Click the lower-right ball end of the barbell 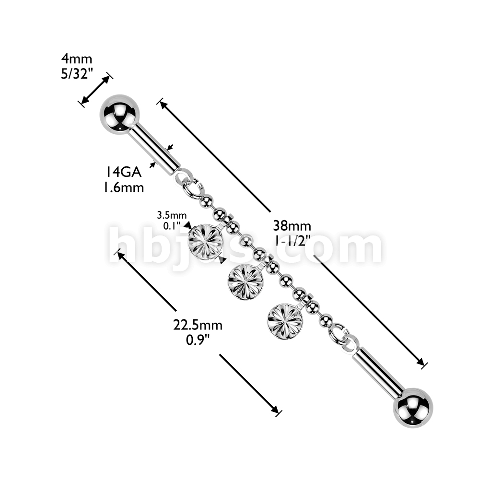click(x=413, y=408)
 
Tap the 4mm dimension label click(x=77, y=58)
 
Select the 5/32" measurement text click(x=77, y=74)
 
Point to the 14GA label click(x=123, y=172)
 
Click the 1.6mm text click(x=124, y=187)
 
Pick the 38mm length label click(x=292, y=225)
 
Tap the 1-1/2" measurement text click(x=292, y=241)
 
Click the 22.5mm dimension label click(x=198, y=325)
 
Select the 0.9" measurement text click(x=198, y=340)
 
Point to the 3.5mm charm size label click(x=172, y=215)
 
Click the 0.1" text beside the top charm click(x=172, y=226)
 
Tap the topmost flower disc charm click(x=205, y=241)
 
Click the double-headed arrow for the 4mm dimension click(x=95, y=90)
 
